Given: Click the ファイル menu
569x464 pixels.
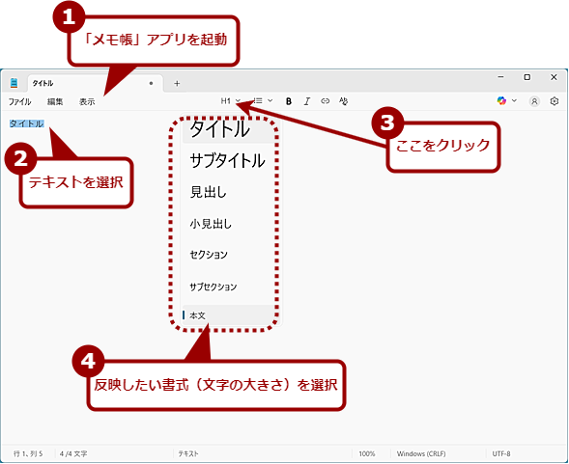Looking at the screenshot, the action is click(19, 102).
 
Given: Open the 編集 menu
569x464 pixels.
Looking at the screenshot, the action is click(55, 102).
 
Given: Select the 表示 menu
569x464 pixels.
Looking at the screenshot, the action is click(87, 102).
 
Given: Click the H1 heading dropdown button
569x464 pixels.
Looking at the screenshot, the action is click(231, 100).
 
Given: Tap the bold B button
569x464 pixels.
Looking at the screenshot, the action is click(289, 101).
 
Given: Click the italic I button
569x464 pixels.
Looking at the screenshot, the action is click(307, 101).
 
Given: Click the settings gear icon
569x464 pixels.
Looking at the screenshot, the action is click(555, 101).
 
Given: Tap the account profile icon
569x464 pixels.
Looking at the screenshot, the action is click(534, 101).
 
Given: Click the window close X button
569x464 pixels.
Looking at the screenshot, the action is click(554, 77).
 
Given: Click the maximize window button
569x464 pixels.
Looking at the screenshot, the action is click(526, 77).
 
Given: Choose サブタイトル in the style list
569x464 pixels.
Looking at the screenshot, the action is click(228, 160).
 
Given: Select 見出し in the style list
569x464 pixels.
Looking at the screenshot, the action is click(209, 192).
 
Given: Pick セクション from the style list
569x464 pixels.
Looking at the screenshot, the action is click(209, 255).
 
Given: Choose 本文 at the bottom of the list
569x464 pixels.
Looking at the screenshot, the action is click(198, 315).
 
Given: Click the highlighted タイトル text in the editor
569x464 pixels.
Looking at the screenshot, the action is click(26, 123).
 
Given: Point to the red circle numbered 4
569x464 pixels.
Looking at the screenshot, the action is click(89, 361).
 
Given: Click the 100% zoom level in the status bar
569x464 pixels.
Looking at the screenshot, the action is click(367, 453).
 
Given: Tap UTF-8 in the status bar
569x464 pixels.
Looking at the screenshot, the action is click(501, 453).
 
